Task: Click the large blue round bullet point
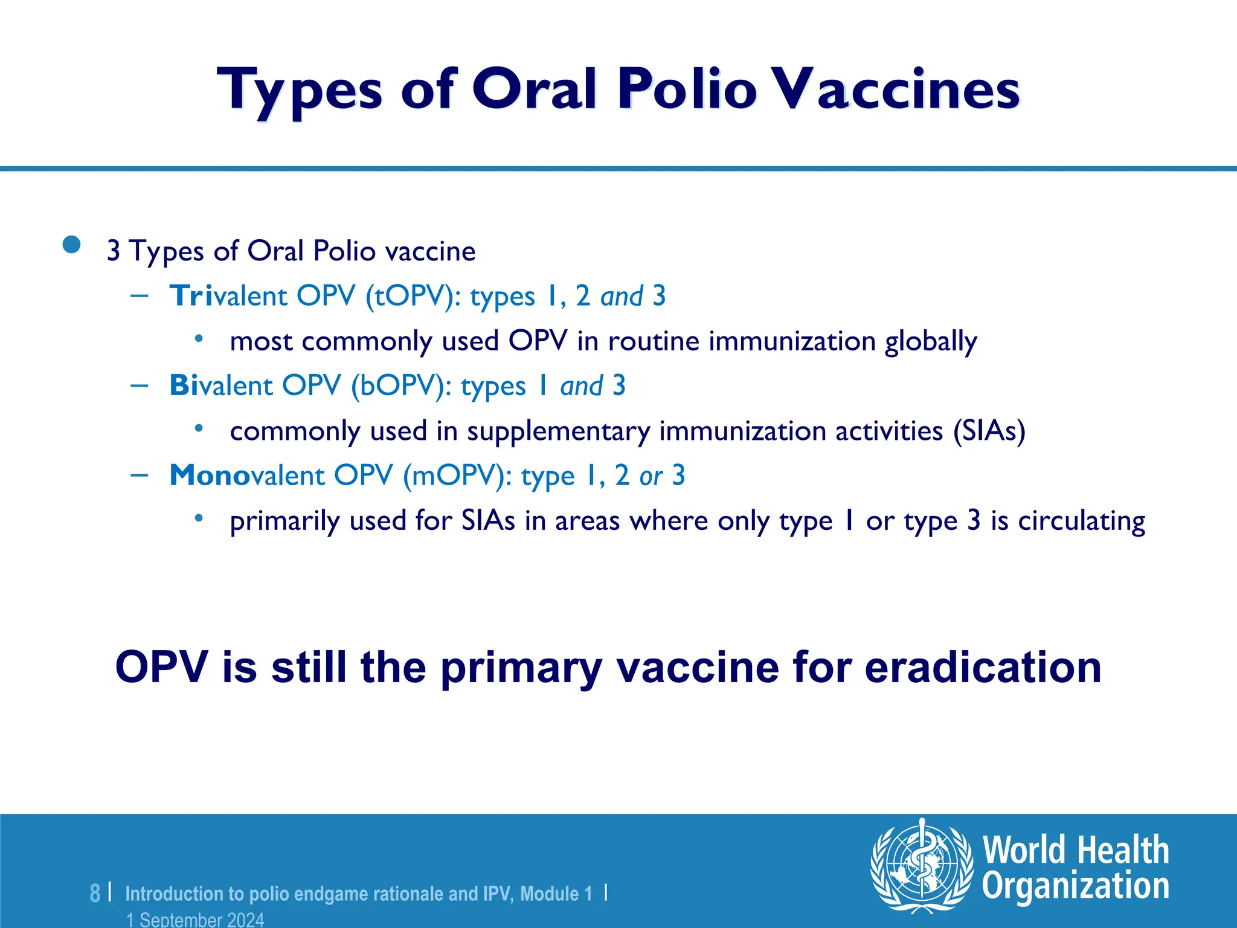[71, 245]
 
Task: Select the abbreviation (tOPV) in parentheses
[413, 296]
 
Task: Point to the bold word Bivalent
[221, 386]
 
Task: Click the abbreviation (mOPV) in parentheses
[457, 475]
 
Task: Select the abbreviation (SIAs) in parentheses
[989, 431]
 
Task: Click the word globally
[930, 342]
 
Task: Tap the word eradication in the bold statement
[983, 667]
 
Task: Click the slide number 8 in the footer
[95, 892]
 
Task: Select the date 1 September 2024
[195, 920]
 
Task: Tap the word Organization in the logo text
[1075, 886]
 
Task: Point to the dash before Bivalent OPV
[139, 385]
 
